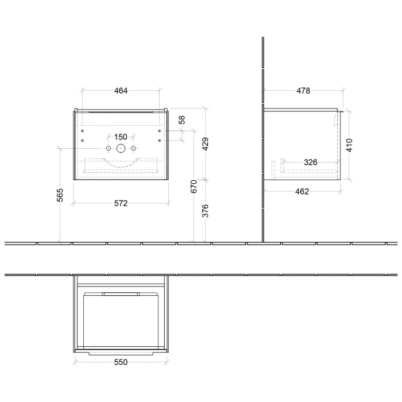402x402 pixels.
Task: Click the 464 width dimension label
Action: (121, 91)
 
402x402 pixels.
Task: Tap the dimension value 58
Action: (182, 120)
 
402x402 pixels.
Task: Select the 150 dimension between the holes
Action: (121, 137)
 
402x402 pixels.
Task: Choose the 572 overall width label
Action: (121, 203)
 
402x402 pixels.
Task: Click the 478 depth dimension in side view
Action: (303, 91)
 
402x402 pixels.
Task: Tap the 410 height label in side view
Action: (350, 145)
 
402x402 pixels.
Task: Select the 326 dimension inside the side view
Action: (310, 163)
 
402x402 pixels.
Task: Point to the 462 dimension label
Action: (302, 192)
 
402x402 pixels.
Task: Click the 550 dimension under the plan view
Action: (121, 362)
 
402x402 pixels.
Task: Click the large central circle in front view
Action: (121, 149)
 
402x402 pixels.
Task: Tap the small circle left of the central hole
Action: (107, 149)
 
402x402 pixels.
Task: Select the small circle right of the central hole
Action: (134, 149)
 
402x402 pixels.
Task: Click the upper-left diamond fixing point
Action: (83, 131)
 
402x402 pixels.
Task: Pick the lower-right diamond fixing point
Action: (159, 141)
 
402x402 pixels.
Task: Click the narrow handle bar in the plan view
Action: (121, 293)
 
